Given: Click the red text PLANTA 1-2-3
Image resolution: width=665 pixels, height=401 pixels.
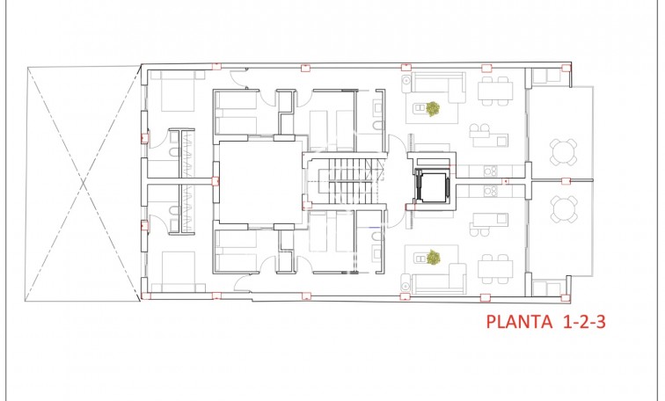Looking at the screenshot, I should click(545, 322).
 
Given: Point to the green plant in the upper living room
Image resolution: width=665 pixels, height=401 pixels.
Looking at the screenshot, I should click(433, 109).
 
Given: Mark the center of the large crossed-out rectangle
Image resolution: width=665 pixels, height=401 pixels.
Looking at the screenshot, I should click(82, 183).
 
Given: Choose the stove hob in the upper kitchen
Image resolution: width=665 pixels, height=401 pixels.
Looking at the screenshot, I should click(493, 171).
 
